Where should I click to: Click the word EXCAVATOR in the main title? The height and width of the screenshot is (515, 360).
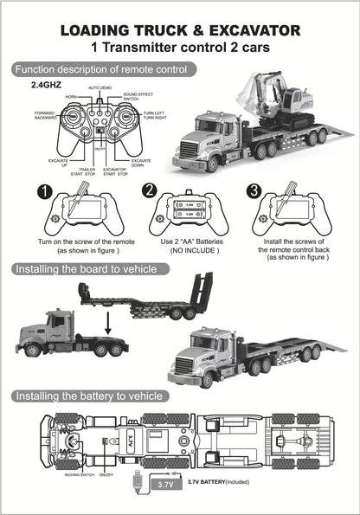(x=247, y=31)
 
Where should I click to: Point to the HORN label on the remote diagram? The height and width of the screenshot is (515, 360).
(x=71, y=97)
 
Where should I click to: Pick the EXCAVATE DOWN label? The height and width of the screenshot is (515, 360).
(x=142, y=163)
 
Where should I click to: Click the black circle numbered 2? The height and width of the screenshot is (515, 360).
(x=149, y=191)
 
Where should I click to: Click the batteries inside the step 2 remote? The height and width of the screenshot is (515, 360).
(x=189, y=209)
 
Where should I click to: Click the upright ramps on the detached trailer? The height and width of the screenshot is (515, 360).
(x=202, y=290)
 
